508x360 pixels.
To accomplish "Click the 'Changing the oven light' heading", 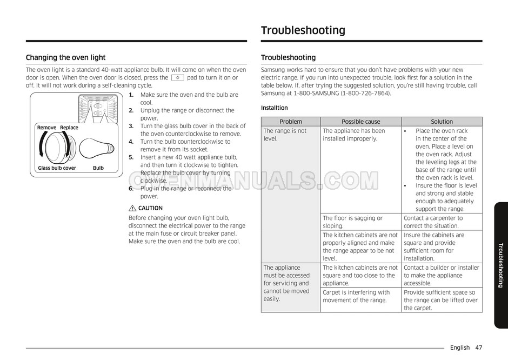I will point(66,58).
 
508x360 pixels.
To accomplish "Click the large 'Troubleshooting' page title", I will point(303,30).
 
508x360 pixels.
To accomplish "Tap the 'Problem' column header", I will point(291,122).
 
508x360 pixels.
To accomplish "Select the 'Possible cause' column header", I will point(360,122).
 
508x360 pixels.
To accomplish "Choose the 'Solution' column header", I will point(442,122).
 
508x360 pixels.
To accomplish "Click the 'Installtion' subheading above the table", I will point(275,108).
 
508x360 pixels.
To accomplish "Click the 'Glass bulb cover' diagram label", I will point(57,168).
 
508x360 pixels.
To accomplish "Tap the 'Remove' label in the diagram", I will point(46,128).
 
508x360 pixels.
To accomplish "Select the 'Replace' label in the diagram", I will point(69,128).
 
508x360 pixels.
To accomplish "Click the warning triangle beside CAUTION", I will point(132,208).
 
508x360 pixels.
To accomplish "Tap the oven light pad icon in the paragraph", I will point(177,78).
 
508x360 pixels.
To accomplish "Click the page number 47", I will point(479,348).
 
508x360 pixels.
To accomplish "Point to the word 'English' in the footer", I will point(459,348).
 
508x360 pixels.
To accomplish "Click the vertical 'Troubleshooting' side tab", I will point(500,265).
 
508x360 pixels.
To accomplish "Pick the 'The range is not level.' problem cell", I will point(285,135).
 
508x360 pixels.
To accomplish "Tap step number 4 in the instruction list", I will point(131,142).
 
